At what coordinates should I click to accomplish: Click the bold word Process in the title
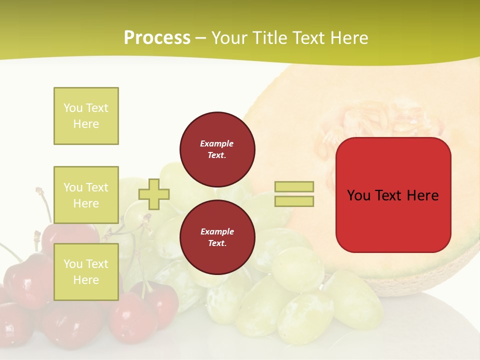pos(157,38)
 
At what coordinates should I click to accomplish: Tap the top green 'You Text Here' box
pos(86,116)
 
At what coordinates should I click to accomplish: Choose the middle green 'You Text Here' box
pos(86,195)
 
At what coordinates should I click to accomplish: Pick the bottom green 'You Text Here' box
pos(86,271)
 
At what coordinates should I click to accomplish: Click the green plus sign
pos(154,194)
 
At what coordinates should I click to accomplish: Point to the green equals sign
pos(294,194)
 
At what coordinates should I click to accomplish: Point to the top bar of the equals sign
pos(294,187)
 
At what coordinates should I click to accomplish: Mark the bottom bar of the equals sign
pos(294,201)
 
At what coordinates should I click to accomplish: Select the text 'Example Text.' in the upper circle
pos(217,149)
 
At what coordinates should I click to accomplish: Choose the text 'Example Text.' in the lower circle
pos(217,237)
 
